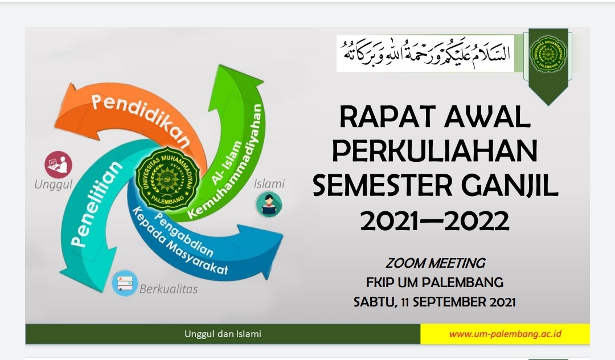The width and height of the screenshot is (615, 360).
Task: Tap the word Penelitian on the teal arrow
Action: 96,203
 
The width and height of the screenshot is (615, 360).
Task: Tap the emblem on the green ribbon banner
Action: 548,54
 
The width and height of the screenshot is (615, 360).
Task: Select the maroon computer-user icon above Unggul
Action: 59,165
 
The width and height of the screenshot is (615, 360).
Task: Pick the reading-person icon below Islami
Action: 269,204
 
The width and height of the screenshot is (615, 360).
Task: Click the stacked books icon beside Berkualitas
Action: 125,283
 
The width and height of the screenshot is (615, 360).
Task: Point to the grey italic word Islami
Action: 269,183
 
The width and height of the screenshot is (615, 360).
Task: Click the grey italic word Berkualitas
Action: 169,289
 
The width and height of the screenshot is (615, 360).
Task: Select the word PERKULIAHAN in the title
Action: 435,151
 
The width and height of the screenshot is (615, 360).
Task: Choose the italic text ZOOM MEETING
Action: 435,263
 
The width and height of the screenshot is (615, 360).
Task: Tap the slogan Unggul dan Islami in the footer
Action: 223,334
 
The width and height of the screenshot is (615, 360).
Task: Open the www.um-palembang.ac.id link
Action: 505,334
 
